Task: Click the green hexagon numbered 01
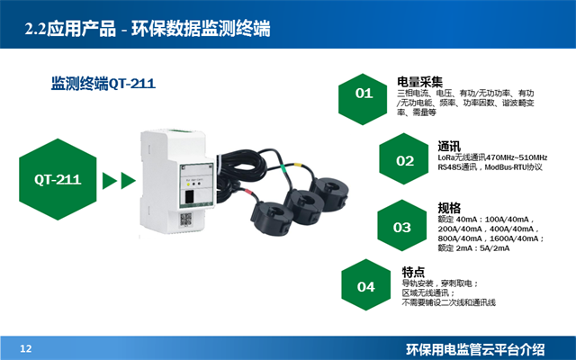364,93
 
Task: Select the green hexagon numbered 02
405,161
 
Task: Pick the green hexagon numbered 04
365,287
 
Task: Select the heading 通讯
449,146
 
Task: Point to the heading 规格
449,207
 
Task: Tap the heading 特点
414,271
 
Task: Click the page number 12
26,348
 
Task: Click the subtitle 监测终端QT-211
103,84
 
